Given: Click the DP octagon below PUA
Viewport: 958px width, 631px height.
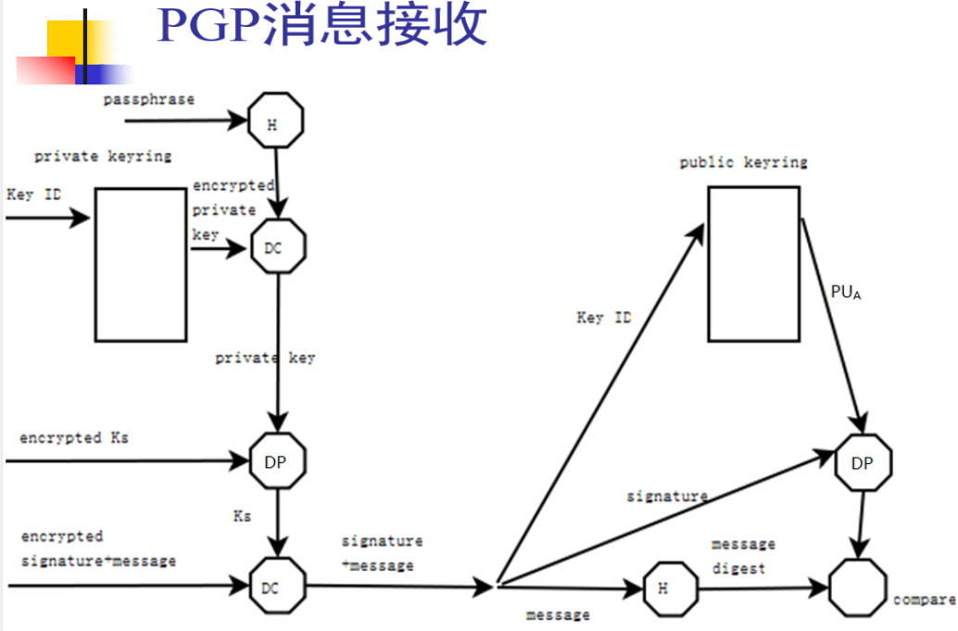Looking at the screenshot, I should [863, 462].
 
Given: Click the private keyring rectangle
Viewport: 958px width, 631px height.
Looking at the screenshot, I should [140, 264].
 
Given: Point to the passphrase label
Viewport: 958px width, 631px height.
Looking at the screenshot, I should [148, 99].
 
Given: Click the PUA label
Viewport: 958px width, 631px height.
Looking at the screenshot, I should [845, 293].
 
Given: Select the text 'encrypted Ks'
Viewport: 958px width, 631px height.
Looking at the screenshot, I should [74, 437].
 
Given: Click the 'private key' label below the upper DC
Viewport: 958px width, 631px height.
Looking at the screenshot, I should [265, 358].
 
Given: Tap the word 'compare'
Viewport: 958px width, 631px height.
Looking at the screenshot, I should [924, 599].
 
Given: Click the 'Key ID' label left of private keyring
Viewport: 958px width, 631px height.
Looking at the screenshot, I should [33, 195].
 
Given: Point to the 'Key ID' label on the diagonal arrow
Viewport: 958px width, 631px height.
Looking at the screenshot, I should [604, 318].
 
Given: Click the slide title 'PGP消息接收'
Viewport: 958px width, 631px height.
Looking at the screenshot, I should [322, 26].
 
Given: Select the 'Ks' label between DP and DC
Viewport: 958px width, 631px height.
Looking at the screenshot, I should [242, 514].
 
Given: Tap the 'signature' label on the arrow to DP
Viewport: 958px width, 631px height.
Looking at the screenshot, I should [667, 496].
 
